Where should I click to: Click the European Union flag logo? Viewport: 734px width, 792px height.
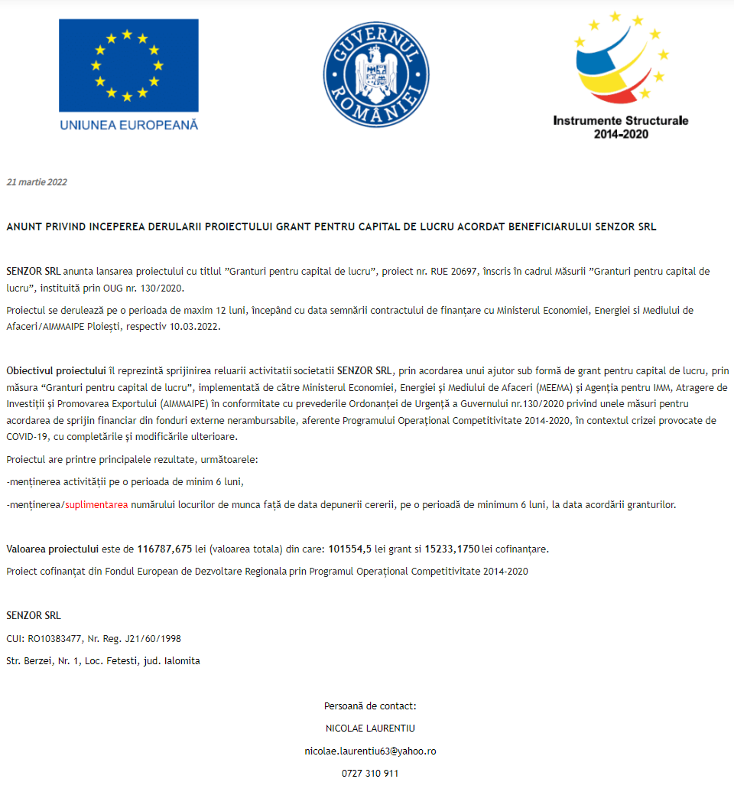click(x=128, y=65)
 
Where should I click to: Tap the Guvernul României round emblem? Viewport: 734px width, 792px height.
click(x=373, y=74)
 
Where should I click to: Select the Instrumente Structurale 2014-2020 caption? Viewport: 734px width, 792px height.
click(x=621, y=127)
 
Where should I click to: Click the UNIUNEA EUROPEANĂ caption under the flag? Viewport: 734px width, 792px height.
click(x=128, y=124)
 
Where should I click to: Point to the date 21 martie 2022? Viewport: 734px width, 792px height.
click(x=37, y=182)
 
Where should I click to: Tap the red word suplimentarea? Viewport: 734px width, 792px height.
click(x=96, y=505)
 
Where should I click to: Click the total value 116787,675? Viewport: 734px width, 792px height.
click(x=164, y=549)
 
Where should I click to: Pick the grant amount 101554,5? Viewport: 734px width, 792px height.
click(x=349, y=549)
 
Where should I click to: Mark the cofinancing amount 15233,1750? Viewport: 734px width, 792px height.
click(x=452, y=549)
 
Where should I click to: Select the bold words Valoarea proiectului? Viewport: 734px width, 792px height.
click(x=52, y=549)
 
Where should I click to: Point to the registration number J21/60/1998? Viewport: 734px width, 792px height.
click(x=148, y=638)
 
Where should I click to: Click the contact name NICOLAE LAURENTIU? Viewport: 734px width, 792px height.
click(x=370, y=728)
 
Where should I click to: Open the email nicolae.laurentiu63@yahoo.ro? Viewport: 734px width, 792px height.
click(x=370, y=751)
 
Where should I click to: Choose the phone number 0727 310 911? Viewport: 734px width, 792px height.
click(x=370, y=774)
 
